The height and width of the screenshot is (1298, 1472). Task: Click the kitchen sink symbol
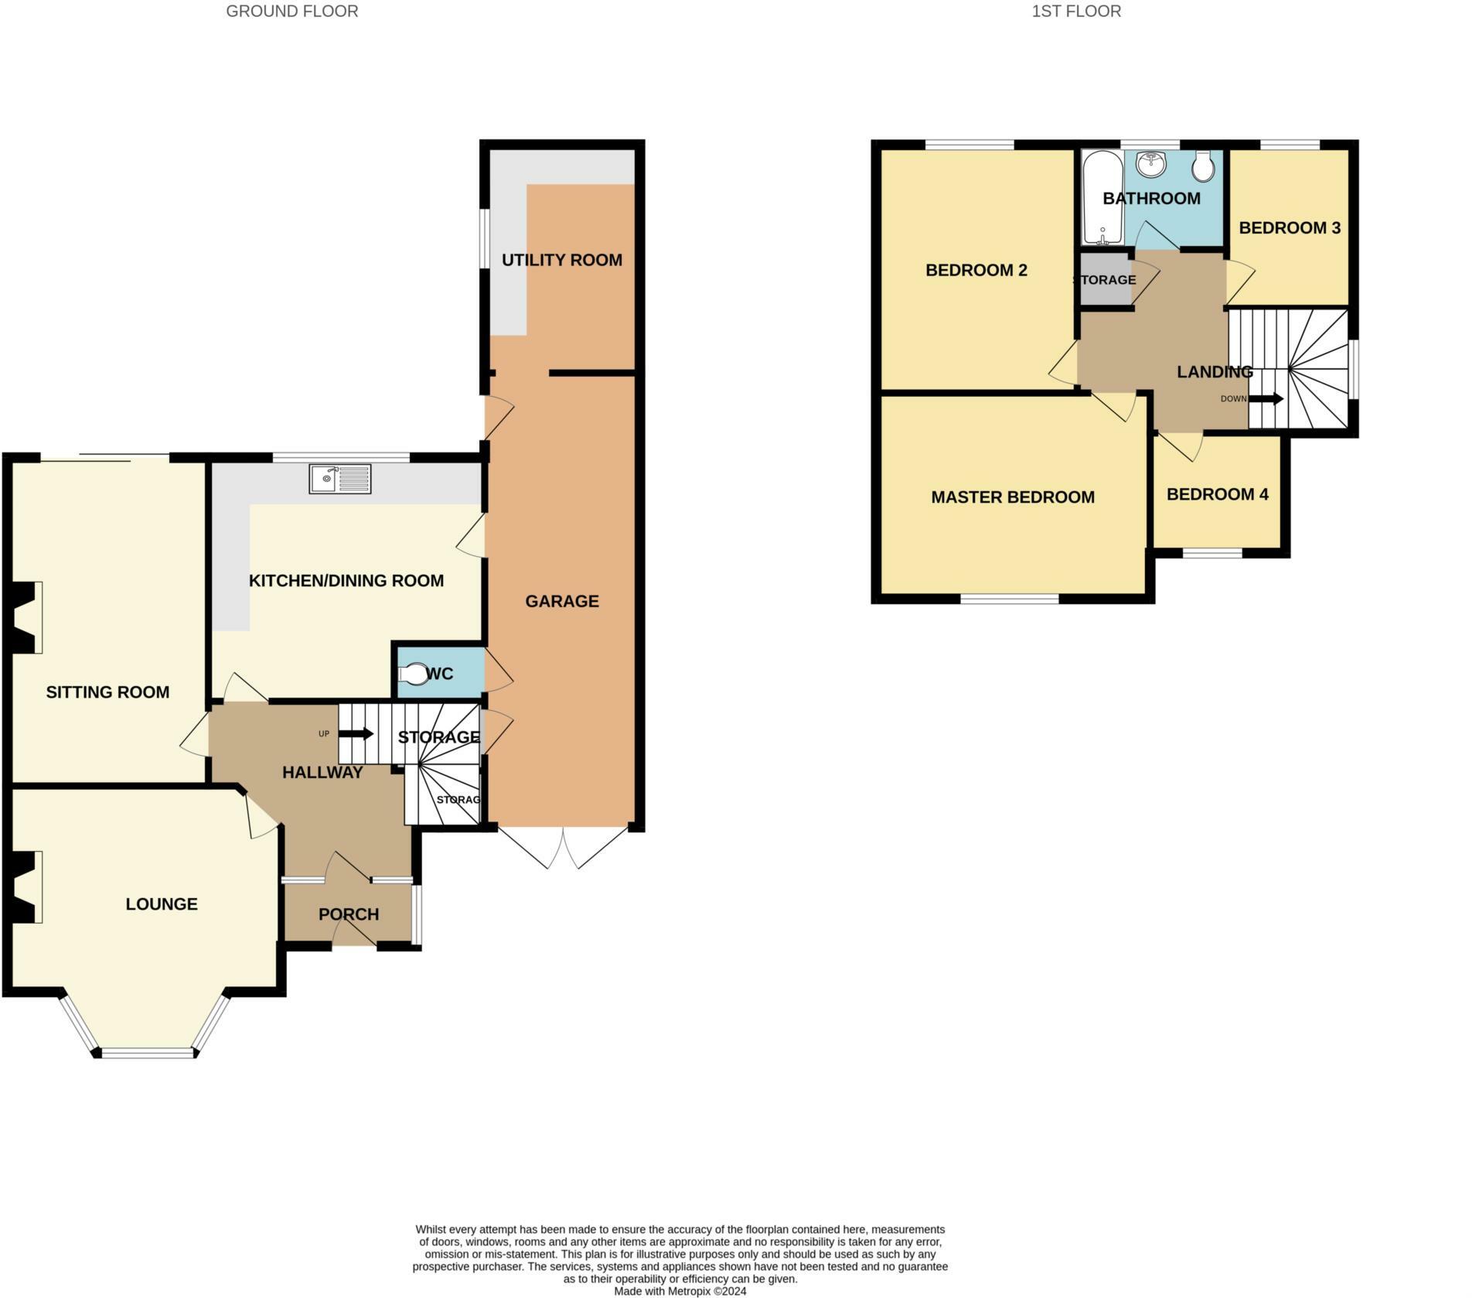coord(340,480)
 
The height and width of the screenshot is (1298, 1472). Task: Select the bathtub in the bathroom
coord(1102,198)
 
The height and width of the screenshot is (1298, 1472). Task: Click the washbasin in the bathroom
coord(1151,164)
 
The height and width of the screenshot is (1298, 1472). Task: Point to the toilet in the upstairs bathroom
coord(1204,166)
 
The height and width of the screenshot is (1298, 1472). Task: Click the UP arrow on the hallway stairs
coord(356,733)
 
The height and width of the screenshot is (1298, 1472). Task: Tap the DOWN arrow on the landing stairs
coord(1266,399)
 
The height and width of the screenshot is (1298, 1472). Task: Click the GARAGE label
coord(562,601)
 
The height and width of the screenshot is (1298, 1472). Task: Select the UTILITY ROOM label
coord(562,260)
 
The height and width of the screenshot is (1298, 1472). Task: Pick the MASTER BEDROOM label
coord(1013,497)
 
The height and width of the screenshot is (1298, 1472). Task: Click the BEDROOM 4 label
coord(1218,494)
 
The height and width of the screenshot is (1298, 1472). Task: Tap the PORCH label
coord(349,914)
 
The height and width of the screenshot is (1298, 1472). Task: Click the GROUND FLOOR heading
coord(292,12)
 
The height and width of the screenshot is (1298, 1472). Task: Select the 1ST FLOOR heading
coord(1076,12)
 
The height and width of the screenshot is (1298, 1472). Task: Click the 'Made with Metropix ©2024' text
coord(680,1291)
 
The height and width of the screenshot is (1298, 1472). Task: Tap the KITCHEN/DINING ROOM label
coord(346,581)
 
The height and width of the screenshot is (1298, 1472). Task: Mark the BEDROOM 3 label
coord(1290,228)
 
